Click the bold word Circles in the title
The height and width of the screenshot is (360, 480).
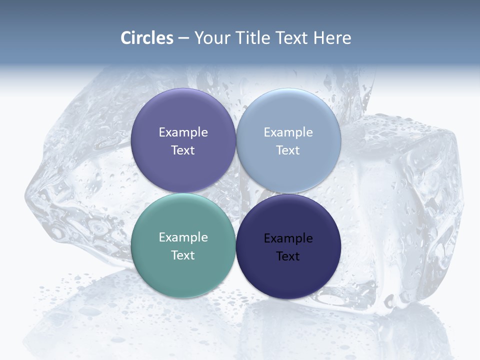point(147,38)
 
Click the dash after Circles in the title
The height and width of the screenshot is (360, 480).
point(183,38)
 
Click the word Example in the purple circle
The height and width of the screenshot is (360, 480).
point(183,132)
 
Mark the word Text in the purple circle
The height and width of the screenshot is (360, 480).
point(183,150)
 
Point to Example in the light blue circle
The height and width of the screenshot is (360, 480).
point(288,132)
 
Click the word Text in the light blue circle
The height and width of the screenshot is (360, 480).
point(288,150)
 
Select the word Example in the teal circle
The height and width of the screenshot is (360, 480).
point(183,237)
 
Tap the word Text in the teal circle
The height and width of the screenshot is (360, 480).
point(183,255)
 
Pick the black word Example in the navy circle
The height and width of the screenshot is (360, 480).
point(288,238)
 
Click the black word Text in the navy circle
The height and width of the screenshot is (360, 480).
point(288,256)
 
